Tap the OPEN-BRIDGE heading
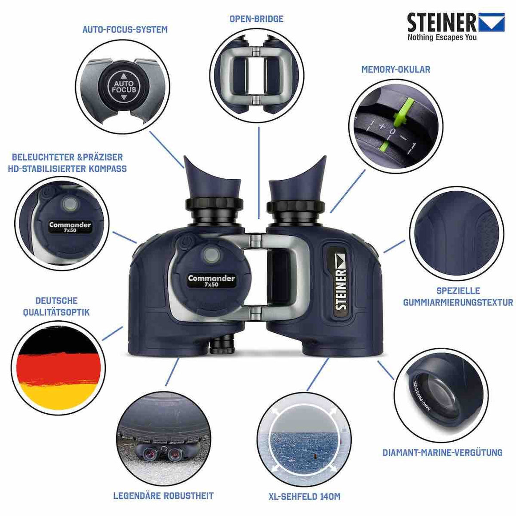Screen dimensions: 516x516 click(x=256, y=19)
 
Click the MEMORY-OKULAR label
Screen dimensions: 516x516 click(x=395, y=69)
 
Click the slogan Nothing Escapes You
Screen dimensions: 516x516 click(x=442, y=37)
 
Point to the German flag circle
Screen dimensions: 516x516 click(x=58, y=369)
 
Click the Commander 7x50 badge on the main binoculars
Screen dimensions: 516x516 click(x=211, y=281)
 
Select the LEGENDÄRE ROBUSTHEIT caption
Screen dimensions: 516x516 click(x=163, y=496)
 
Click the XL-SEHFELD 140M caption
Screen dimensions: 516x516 click(x=304, y=496)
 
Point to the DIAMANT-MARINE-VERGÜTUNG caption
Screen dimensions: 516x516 click(x=442, y=452)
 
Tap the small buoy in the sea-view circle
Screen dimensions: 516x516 click(x=315, y=456)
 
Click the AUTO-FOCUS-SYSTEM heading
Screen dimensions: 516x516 click(x=125, y=30)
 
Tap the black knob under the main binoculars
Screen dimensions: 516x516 click(x=222, y=345)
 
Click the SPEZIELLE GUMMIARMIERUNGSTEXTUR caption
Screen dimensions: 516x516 click(x=458, y=296)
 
